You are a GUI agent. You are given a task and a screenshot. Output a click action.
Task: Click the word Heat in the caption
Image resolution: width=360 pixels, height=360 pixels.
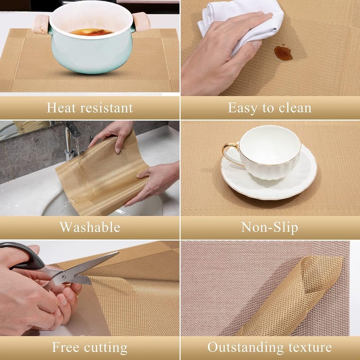(61, 108)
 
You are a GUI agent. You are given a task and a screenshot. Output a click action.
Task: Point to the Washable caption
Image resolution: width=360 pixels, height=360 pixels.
(90, 227)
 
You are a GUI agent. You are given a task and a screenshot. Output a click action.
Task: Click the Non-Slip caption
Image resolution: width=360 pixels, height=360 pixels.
(270, 227)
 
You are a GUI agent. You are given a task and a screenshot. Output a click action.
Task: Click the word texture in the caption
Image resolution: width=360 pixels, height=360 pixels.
(309, 347)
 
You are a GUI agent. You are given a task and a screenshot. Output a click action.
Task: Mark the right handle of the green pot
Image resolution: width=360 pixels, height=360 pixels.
(141, 21)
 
